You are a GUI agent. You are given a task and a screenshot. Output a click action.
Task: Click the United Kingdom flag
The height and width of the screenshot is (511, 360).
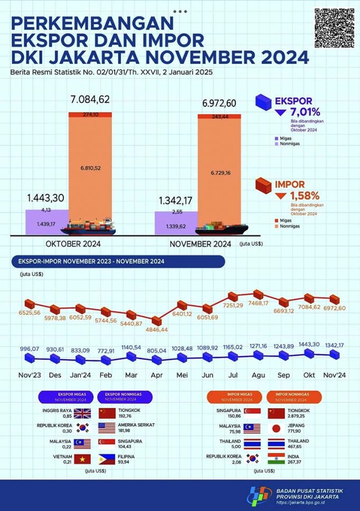[x=82, y=413]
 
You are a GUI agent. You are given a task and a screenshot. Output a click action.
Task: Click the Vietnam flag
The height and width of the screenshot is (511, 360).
[x=82, y=459]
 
